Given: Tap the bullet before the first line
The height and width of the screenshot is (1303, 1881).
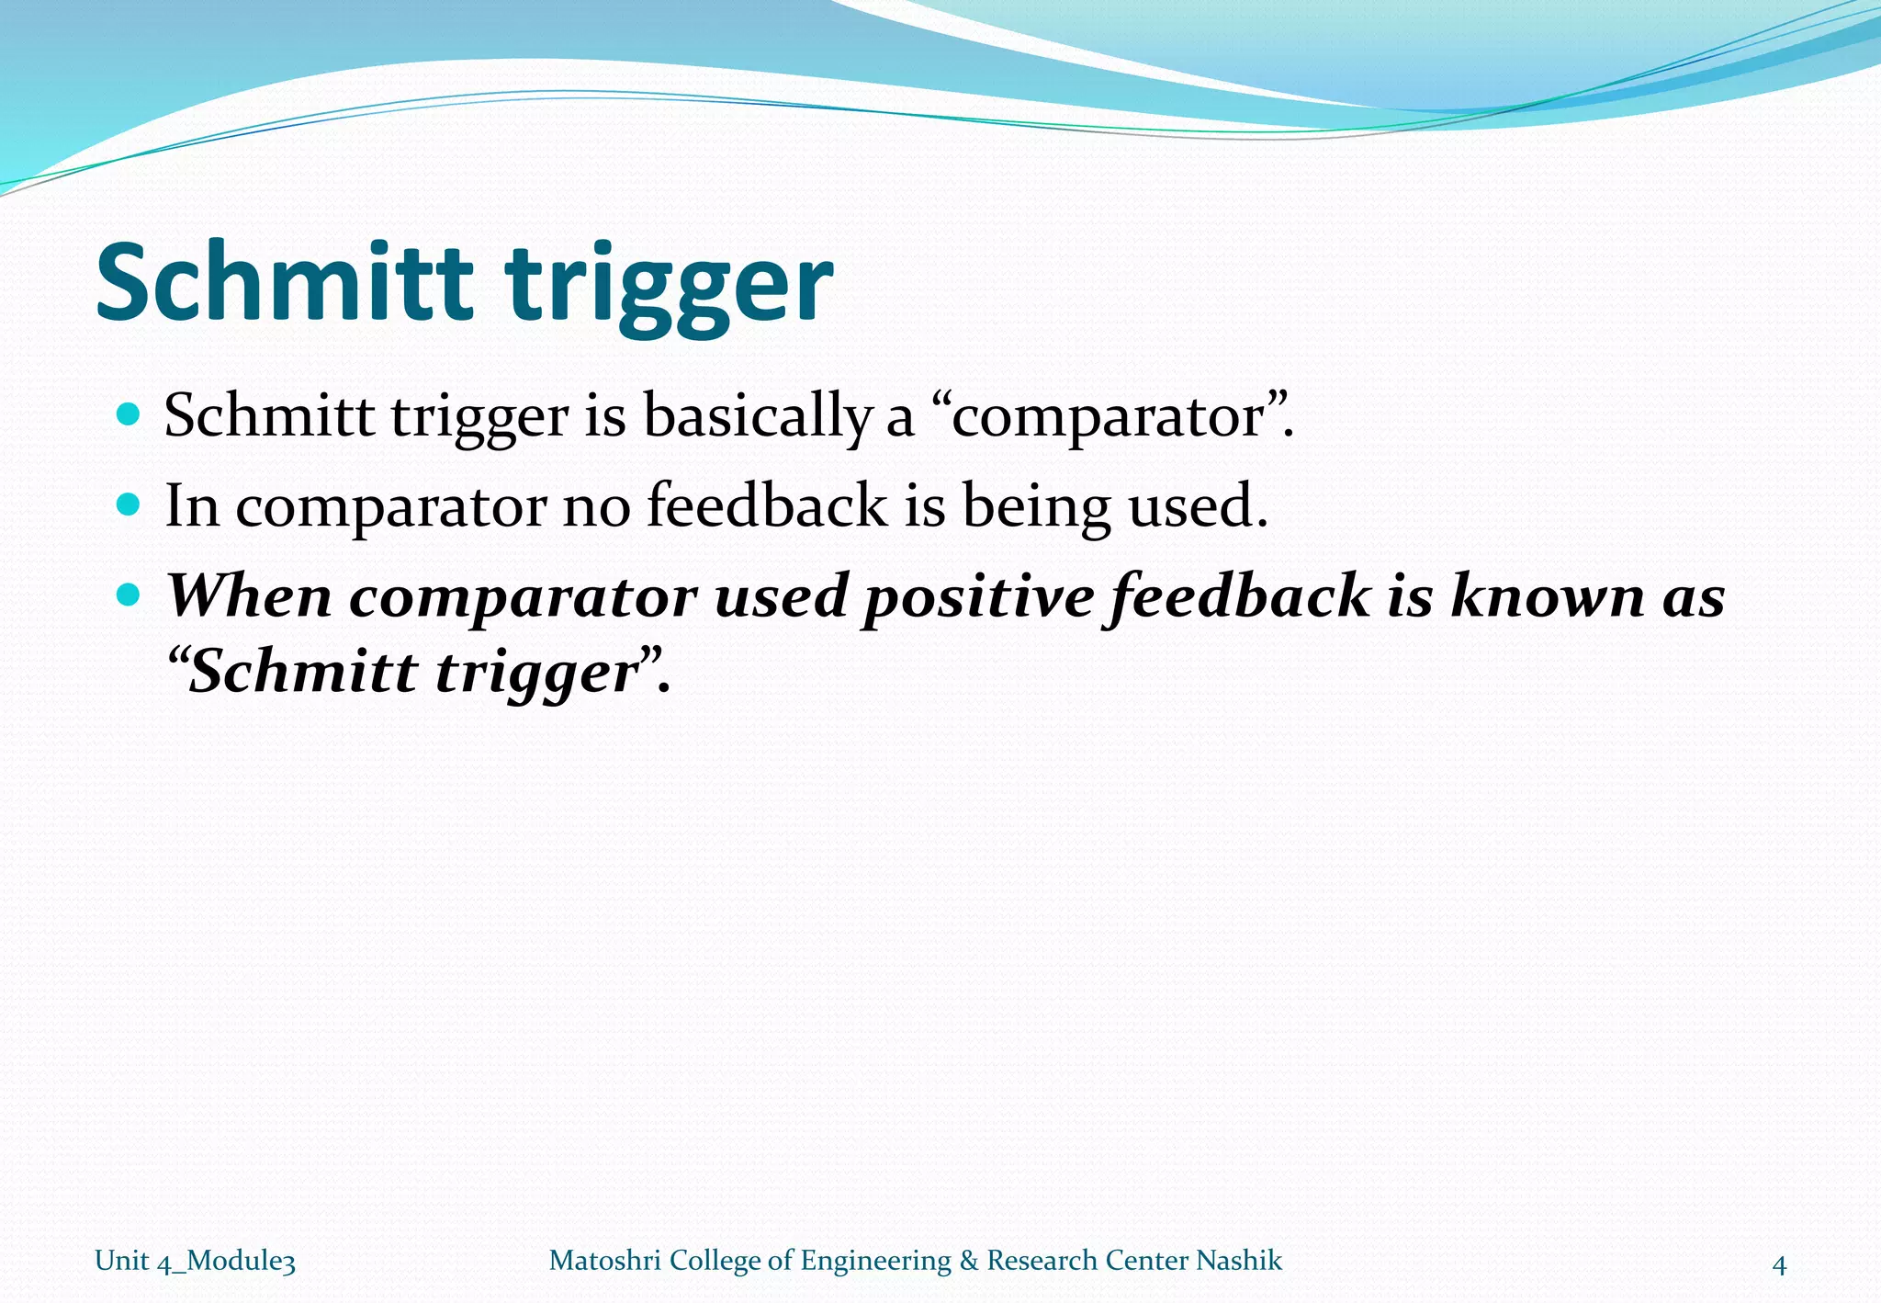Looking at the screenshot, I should coord(130,414).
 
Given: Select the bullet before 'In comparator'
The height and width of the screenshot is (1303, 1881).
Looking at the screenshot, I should coord(130,504).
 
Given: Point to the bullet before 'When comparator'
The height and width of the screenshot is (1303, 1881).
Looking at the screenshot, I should coord(130,595).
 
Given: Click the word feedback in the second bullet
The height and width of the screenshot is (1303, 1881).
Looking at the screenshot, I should coord(767,505).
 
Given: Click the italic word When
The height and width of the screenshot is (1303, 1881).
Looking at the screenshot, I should coord(249,595).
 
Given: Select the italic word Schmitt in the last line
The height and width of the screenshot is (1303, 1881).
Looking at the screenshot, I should coord(303,671).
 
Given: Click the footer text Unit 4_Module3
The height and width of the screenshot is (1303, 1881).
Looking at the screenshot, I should coord(195,1261).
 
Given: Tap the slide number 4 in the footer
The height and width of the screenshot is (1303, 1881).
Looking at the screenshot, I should coord(1778,1265).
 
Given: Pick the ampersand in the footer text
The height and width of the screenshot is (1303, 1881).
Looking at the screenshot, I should coord(968,1260).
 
